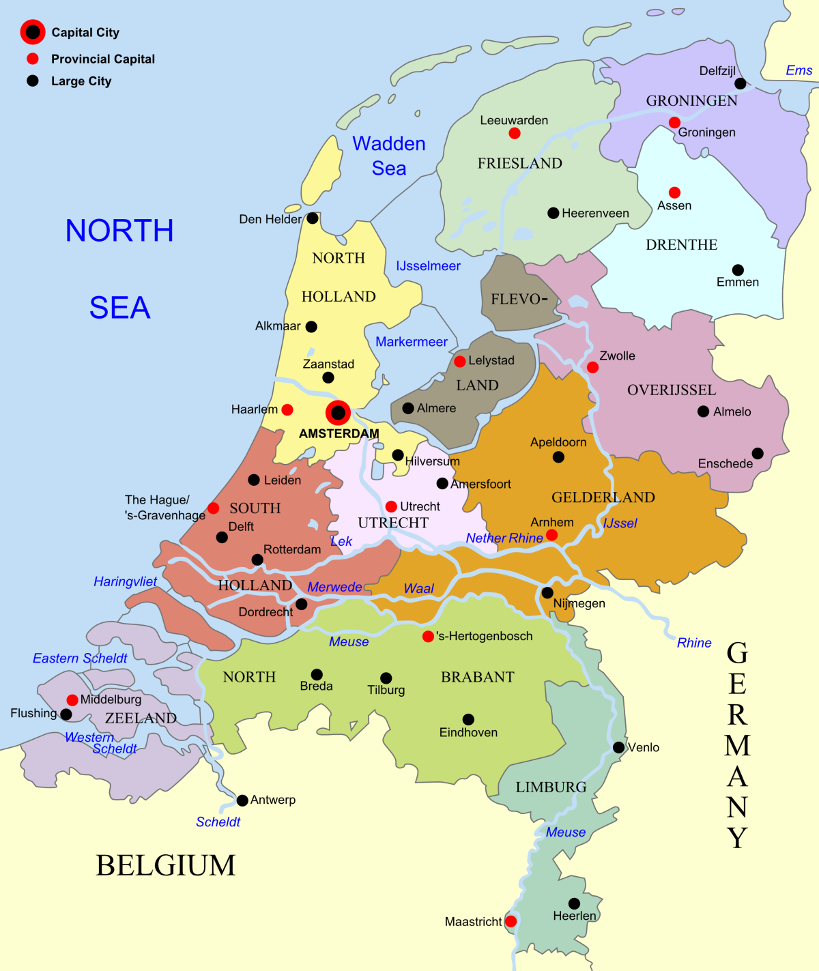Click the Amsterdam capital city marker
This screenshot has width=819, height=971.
click(338, 413)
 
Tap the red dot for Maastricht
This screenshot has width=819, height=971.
click(511, 921)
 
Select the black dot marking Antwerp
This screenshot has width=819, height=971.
click(242, 800)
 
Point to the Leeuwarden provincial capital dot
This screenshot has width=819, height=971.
click(515, 133)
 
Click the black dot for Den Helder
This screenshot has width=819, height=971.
click(313, 218)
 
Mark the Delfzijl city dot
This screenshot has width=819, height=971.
click(740, 84)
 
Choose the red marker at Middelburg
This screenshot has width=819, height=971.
click(72, 700)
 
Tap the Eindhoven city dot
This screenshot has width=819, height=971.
click(468, 719)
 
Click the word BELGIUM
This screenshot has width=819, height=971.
click(165, 865)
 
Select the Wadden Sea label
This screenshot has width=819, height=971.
click(389, 156)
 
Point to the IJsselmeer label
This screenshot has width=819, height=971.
click(428, 266)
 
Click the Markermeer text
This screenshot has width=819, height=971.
click(412, 342)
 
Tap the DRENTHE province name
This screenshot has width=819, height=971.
click(681, 245)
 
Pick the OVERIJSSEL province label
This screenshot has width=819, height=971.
click(672, 390)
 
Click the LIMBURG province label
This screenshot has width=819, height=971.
click(551, 787)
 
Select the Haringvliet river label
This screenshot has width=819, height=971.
click(125, 581)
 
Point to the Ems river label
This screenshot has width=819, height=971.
click(799, 70)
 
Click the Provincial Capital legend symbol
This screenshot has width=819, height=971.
click(33, 59)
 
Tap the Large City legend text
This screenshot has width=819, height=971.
click(81, 81)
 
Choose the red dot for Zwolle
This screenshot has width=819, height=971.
click(592, 367)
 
